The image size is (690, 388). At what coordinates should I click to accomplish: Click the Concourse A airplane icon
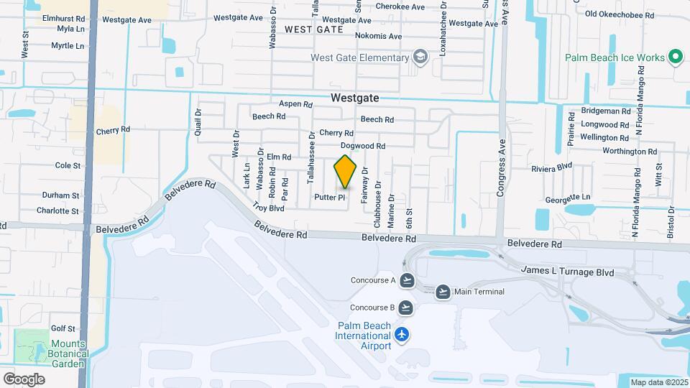(x=407, y=280)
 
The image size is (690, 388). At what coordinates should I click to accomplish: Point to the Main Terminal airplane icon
(x=443, y=292)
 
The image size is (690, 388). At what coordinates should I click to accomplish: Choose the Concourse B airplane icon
(x=407, y=308)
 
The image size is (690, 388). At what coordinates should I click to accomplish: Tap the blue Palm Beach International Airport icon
(x=401, y=334)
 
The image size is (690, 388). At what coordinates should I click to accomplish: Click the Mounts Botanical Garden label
(x=68, y=348)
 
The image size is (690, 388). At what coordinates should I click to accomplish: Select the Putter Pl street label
(x=331, y=196)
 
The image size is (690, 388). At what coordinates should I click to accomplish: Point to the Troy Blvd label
(x=269, y=207)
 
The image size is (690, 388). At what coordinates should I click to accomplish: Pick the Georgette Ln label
(x=567, y=197)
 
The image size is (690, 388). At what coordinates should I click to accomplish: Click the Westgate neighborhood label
(x=354, y=98)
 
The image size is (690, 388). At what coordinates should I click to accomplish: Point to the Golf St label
(x=63, y=328)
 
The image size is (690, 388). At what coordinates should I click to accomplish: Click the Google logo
(x=24, y=379)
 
